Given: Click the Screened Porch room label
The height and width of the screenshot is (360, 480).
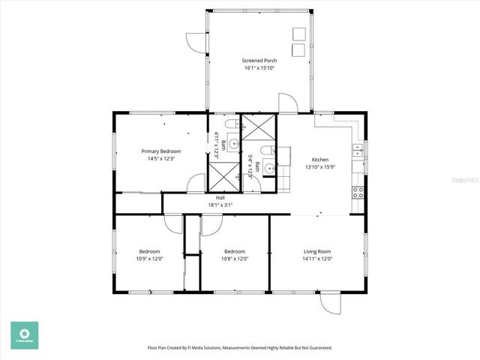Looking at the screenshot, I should [259, 60].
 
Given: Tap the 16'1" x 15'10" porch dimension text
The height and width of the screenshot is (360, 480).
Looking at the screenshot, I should [259, 68].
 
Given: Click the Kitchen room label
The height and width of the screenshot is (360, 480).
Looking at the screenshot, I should [320, 160].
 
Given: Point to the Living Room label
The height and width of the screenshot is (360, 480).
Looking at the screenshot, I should [317, 251].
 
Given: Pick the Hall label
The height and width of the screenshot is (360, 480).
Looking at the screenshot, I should [220, 197].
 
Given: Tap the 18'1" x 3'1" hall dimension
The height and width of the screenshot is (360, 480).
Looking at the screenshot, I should [220, 205].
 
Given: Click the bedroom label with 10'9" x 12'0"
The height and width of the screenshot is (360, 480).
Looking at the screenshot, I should [149, 251].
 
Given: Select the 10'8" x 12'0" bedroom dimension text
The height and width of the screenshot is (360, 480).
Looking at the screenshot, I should [235, 259].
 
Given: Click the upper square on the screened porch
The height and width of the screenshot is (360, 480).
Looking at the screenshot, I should [298, 34].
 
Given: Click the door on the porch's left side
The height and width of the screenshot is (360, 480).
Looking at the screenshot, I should [196, 43].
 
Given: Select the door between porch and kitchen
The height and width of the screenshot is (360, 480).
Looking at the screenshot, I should [288, 103].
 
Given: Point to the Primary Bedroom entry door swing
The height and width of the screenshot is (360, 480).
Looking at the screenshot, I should [196, 182].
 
